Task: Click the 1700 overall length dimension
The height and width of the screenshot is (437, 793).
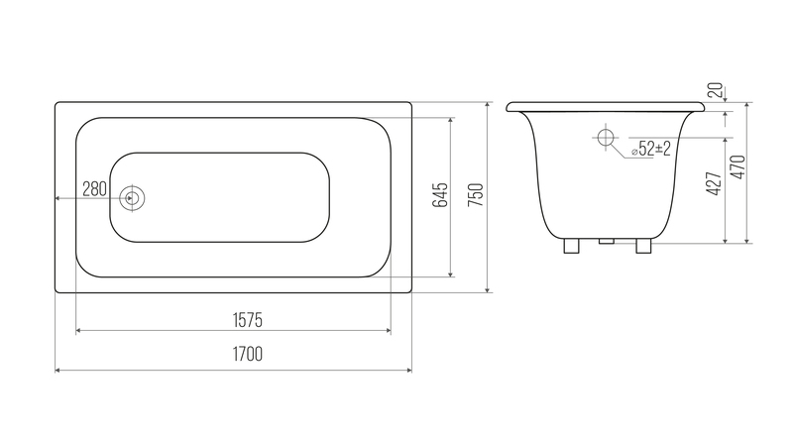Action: (248, 354)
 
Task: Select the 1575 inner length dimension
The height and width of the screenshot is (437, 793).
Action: (247, 320)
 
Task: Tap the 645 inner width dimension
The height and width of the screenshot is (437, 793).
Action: (440, 195)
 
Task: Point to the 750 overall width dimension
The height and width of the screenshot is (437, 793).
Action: (476, 195)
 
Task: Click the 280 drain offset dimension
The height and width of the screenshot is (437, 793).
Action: (94, 189)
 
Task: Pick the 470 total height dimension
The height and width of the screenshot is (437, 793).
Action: (738, 166)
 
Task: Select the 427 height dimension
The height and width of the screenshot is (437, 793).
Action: (714, 183)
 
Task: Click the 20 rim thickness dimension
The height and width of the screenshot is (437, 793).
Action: (715, 90)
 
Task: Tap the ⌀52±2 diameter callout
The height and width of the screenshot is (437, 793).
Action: (651, 149)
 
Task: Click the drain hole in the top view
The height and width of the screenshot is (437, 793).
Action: (132, 198)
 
